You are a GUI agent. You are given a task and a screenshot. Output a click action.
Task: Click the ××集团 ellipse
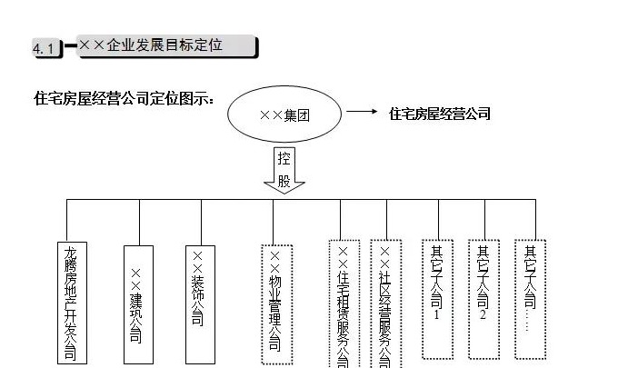[x=284, y=114]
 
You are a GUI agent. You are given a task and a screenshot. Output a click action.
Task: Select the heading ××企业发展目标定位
[x=164, y=45]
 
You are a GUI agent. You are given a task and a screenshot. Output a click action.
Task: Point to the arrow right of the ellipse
[x=362, y=113]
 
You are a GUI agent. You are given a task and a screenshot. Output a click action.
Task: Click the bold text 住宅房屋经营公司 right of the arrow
[x=440, y=114]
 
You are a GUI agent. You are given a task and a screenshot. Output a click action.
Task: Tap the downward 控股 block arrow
[x=284, y=169]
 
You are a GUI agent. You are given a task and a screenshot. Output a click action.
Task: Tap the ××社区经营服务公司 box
[x=385, y=305]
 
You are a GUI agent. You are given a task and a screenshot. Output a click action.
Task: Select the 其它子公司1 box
[x=437, y=285]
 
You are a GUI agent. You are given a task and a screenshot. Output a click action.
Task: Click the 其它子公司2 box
[x=483, y=285]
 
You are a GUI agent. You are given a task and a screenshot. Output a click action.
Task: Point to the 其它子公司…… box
[x=530, y=287]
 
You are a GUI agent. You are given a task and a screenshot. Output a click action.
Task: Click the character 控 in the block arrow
[x=284, y=156]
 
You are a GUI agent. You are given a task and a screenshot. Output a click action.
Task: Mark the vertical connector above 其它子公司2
[x=484, y=218]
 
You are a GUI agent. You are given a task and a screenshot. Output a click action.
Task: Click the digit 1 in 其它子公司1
[x=437, y=315]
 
